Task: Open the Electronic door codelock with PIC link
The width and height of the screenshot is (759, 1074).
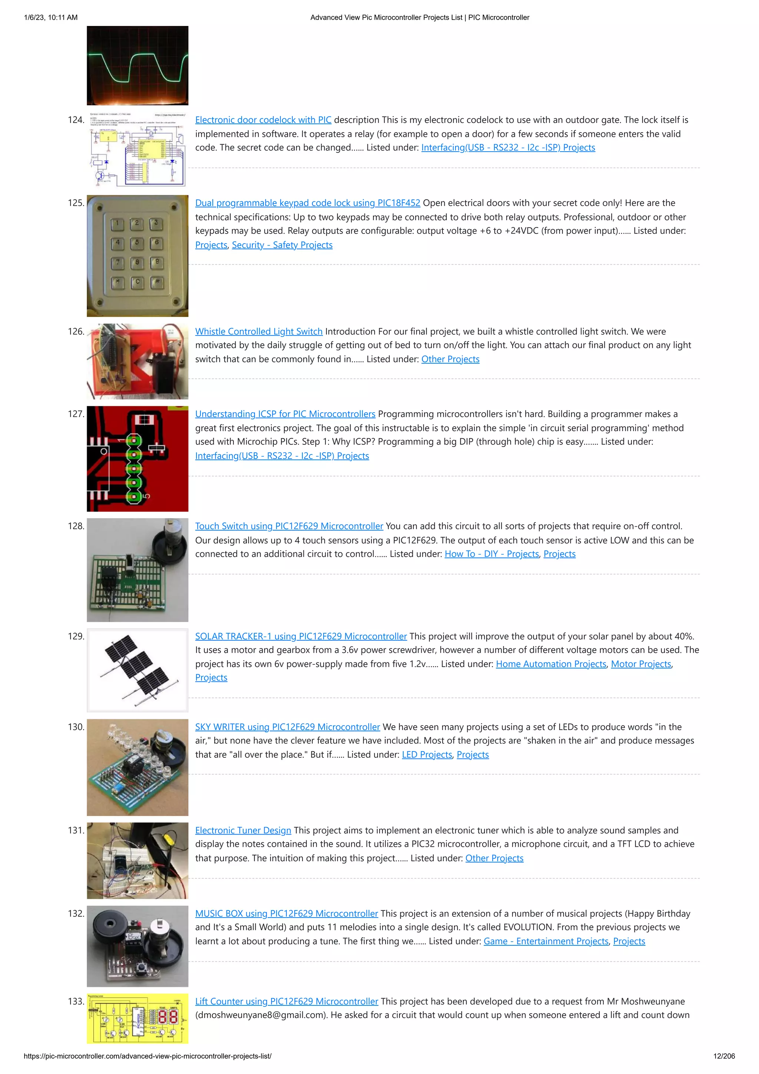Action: click(x=263, y=120)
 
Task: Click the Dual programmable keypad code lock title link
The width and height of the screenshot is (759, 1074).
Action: click(x=307, y=203)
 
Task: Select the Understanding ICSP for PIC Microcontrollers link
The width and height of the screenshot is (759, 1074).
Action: click(x=285, y=414)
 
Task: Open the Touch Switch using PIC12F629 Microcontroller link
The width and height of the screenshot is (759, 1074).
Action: click(x=289, y=526)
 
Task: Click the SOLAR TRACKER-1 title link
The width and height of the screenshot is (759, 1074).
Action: click(x=301, y=637)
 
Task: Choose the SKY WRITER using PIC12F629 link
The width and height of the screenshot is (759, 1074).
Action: click(x=287, y=727)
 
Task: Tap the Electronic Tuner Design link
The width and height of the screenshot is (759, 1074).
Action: click(x=243, y=831)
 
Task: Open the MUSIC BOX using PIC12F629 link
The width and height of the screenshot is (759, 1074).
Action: click(x=286, y=914)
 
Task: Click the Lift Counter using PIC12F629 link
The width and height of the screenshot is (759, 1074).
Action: click(x=286, y=1001)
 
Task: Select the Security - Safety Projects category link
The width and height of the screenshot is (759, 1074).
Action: click(x=282, y=245)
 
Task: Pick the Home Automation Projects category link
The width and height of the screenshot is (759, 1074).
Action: click(x=551, y=664)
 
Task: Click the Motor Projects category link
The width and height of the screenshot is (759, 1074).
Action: click(x=641, y=664)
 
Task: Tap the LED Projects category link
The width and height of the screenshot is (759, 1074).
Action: click(x=427, y=755)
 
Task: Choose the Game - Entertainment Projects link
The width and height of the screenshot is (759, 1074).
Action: click(x=546, y=942)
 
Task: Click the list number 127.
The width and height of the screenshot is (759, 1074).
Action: click(x=76, y=414)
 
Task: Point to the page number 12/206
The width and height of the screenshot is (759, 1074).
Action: click(x=724, y=1056)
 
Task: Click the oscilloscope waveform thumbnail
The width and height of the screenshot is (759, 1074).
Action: click(x=137, y=66)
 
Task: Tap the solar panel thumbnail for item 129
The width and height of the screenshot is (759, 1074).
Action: click(x=137, y=670)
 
